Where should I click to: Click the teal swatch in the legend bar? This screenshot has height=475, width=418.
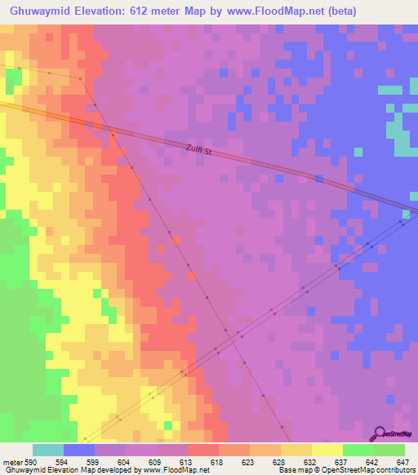pyautogui.click(x=48, y=450)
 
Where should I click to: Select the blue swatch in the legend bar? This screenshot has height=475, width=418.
pyautogui.click(x=79, y=450)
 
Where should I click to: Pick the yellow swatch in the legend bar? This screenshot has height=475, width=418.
pyautogui.click(x=327, y=450)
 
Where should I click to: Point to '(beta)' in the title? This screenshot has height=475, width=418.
pyautogui.click(x=339, y=11)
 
